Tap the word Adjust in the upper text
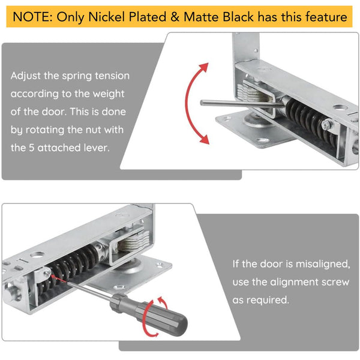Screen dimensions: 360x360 (27, 76)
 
